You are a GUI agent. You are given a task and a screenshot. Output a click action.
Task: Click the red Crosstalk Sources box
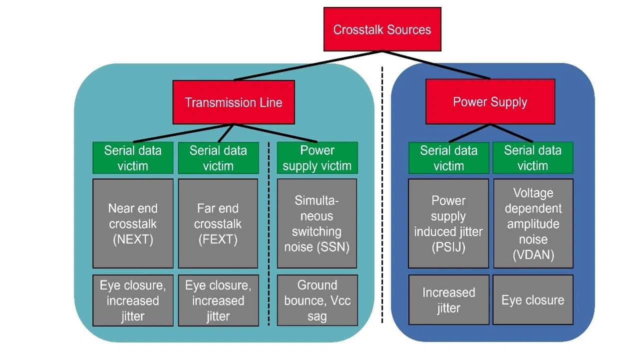click(382, 29)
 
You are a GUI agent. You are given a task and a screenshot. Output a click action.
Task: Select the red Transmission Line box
click(234, 102)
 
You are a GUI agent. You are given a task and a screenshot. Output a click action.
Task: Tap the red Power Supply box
click(490, 102)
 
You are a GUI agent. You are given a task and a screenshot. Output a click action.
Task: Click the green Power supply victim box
click(317, 158)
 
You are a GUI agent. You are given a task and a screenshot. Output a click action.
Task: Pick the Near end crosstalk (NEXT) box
click(133, 223)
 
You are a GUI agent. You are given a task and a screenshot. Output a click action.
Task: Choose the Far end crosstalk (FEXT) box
click(218, 223)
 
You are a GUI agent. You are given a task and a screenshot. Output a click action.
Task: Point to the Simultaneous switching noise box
click(317, 223)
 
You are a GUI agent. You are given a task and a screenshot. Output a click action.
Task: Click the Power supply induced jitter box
click(448, 223)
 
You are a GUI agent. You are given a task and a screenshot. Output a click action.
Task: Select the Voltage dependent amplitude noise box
click(533, 223)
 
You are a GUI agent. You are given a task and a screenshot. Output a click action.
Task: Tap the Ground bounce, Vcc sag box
click(317, 300)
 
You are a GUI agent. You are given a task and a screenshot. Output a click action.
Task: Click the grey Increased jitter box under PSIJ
click(448, 300)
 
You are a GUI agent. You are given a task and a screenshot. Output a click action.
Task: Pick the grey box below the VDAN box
click(533, 300)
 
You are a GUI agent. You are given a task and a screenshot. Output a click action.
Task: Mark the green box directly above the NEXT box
click(133, 158)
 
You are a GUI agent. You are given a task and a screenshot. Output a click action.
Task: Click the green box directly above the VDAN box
click(533, 158)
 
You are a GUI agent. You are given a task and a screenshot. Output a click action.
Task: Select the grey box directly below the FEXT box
click(218, 300)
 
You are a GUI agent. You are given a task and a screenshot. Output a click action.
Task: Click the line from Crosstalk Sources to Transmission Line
click(308, 65)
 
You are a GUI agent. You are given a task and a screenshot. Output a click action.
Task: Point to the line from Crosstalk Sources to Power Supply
click(436, 65)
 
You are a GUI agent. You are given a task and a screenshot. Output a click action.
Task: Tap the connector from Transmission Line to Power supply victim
click(276, 133)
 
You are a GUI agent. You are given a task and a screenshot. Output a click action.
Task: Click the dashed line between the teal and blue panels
click(382, 200)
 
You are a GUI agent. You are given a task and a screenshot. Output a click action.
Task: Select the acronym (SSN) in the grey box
click(333, 247)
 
